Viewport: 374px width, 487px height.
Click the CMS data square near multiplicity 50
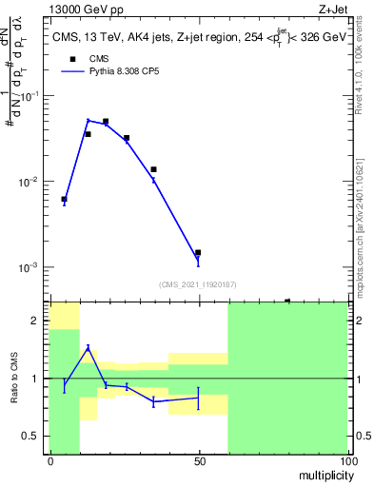[198, 253]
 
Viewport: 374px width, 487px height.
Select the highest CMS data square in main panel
[106, 122]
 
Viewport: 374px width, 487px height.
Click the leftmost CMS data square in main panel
[64, 200]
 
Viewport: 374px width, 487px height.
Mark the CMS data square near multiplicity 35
[153, 169]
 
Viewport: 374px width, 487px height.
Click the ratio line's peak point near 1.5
[88, 347]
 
